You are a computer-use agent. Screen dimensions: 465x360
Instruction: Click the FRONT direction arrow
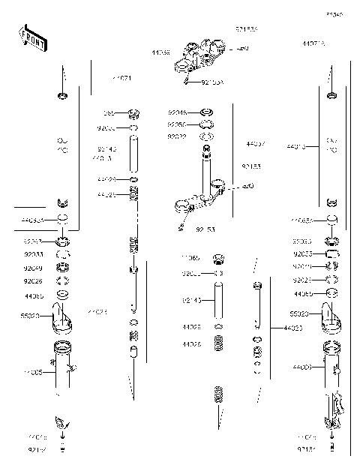pos(33,38)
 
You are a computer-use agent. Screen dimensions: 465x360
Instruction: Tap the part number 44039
pos(160,53)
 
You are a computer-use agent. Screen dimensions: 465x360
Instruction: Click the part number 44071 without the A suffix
pos(122,78)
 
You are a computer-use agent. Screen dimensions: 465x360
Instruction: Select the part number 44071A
pos(313,44)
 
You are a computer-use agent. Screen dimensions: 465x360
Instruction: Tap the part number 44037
pos(255,142)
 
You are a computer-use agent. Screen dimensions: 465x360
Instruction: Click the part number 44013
pos(296,148)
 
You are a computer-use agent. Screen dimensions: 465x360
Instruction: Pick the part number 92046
pos(177,112)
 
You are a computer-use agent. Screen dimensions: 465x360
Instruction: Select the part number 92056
pos(177,124)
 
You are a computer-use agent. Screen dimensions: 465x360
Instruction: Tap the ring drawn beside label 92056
pos(207,124)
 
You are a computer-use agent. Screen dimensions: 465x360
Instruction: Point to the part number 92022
pos(177,136)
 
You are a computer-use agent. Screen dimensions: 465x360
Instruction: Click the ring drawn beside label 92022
pos(207,137)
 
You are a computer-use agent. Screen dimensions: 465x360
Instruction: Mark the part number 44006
pos(303,367)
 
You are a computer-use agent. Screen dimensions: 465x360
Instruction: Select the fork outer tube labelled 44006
pos(330,367)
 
